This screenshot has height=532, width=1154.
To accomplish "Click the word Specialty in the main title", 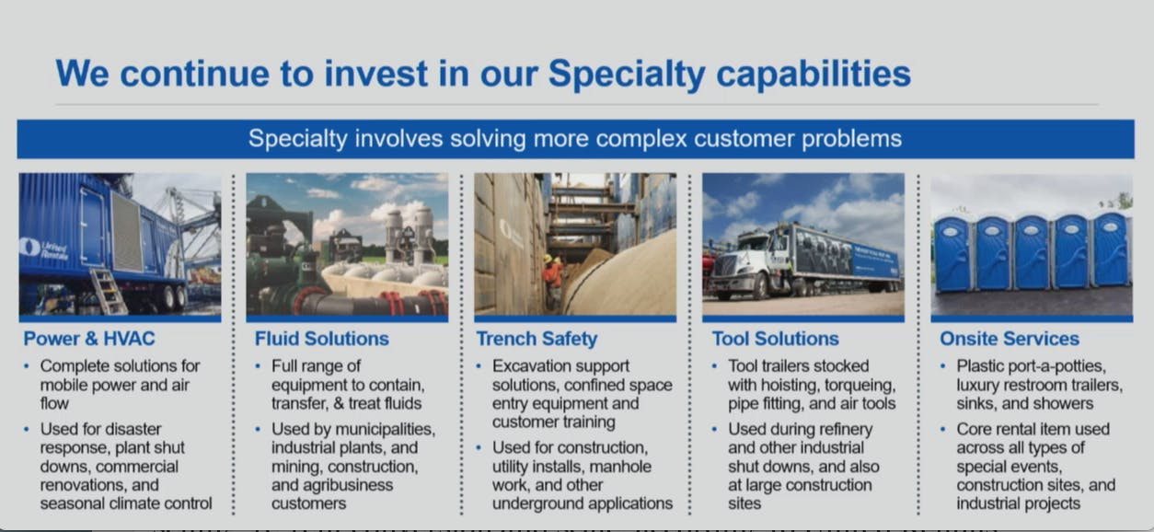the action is pyautogui.click(x=626, y=75).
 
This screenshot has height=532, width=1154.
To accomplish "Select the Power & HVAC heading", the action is pyautogui.click(x=89, y=339).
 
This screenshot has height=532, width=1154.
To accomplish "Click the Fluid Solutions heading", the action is pyautogui.click(x=321, y=339).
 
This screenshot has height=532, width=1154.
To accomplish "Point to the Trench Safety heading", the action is pyautogui.click(x=537, y=340).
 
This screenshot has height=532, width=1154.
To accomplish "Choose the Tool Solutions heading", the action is pyautogui.click(x=776, y=339).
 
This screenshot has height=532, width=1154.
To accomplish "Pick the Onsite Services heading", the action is pyautogui.click(x=1010, y=339).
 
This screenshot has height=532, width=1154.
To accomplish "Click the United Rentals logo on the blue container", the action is pyautogui.click(x=44, y=249).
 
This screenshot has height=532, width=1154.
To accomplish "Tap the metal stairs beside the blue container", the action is pyautogui.click(x=109, y=291).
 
